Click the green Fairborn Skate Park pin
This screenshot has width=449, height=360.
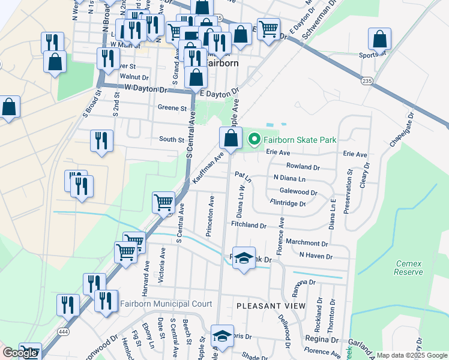254,140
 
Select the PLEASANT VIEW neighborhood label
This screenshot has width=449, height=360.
271,305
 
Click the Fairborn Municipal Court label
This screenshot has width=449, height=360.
166,304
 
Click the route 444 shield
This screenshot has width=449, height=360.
62,331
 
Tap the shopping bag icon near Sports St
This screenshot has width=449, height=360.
380,40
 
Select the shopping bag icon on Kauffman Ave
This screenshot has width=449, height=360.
231,138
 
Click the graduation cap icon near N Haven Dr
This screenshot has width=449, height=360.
243,258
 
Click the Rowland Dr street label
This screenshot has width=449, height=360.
303,166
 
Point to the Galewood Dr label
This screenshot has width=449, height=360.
298,192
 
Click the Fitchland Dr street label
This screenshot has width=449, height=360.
248,225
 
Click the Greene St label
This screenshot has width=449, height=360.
172,108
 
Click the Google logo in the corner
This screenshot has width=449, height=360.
20,353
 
